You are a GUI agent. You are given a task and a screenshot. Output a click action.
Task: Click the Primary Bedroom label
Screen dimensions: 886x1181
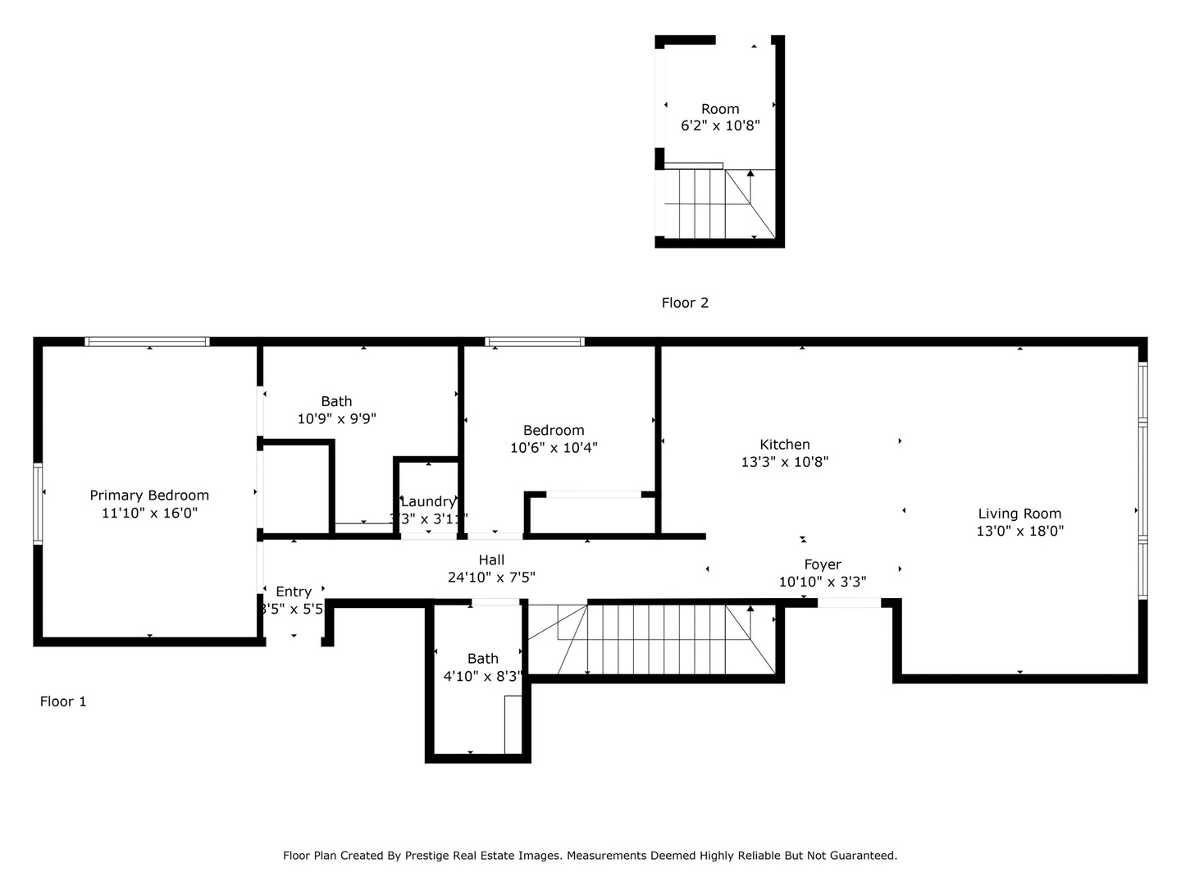149,495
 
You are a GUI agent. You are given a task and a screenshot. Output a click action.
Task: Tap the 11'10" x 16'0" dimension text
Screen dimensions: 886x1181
149,513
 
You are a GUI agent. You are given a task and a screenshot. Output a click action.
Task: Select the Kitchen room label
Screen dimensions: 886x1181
785,444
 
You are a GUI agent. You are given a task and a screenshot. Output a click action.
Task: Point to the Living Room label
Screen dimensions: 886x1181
1019,514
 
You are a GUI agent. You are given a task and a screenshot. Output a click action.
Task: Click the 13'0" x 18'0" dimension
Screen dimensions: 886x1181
1019,531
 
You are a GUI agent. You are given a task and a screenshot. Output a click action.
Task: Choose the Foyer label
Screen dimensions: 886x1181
823,564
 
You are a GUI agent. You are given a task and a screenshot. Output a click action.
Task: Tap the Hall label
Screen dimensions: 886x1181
491,559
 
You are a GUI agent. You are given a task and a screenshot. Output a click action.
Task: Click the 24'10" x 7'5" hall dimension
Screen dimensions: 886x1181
491,578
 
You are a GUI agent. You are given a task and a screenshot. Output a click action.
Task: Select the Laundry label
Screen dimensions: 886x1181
427,501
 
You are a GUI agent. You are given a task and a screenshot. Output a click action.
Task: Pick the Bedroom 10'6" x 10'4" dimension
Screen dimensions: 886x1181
554,448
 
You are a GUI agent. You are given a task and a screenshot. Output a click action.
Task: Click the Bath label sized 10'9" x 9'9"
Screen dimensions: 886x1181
336,401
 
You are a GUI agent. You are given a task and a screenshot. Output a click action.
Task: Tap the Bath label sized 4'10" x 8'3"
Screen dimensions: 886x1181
483,658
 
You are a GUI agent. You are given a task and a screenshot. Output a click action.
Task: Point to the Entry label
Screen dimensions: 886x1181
294,591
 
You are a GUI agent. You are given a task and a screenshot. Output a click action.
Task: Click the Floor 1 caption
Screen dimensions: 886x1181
63,701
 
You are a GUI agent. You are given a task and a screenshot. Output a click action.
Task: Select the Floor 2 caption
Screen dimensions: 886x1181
685,303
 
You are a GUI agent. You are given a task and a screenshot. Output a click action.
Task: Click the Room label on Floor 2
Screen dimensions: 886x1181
720,109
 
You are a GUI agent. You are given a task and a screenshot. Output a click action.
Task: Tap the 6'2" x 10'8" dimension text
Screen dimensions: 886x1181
720,126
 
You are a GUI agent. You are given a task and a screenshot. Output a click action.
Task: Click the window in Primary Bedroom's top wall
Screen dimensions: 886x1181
148,341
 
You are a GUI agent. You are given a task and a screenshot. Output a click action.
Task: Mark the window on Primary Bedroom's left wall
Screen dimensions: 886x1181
38,504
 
